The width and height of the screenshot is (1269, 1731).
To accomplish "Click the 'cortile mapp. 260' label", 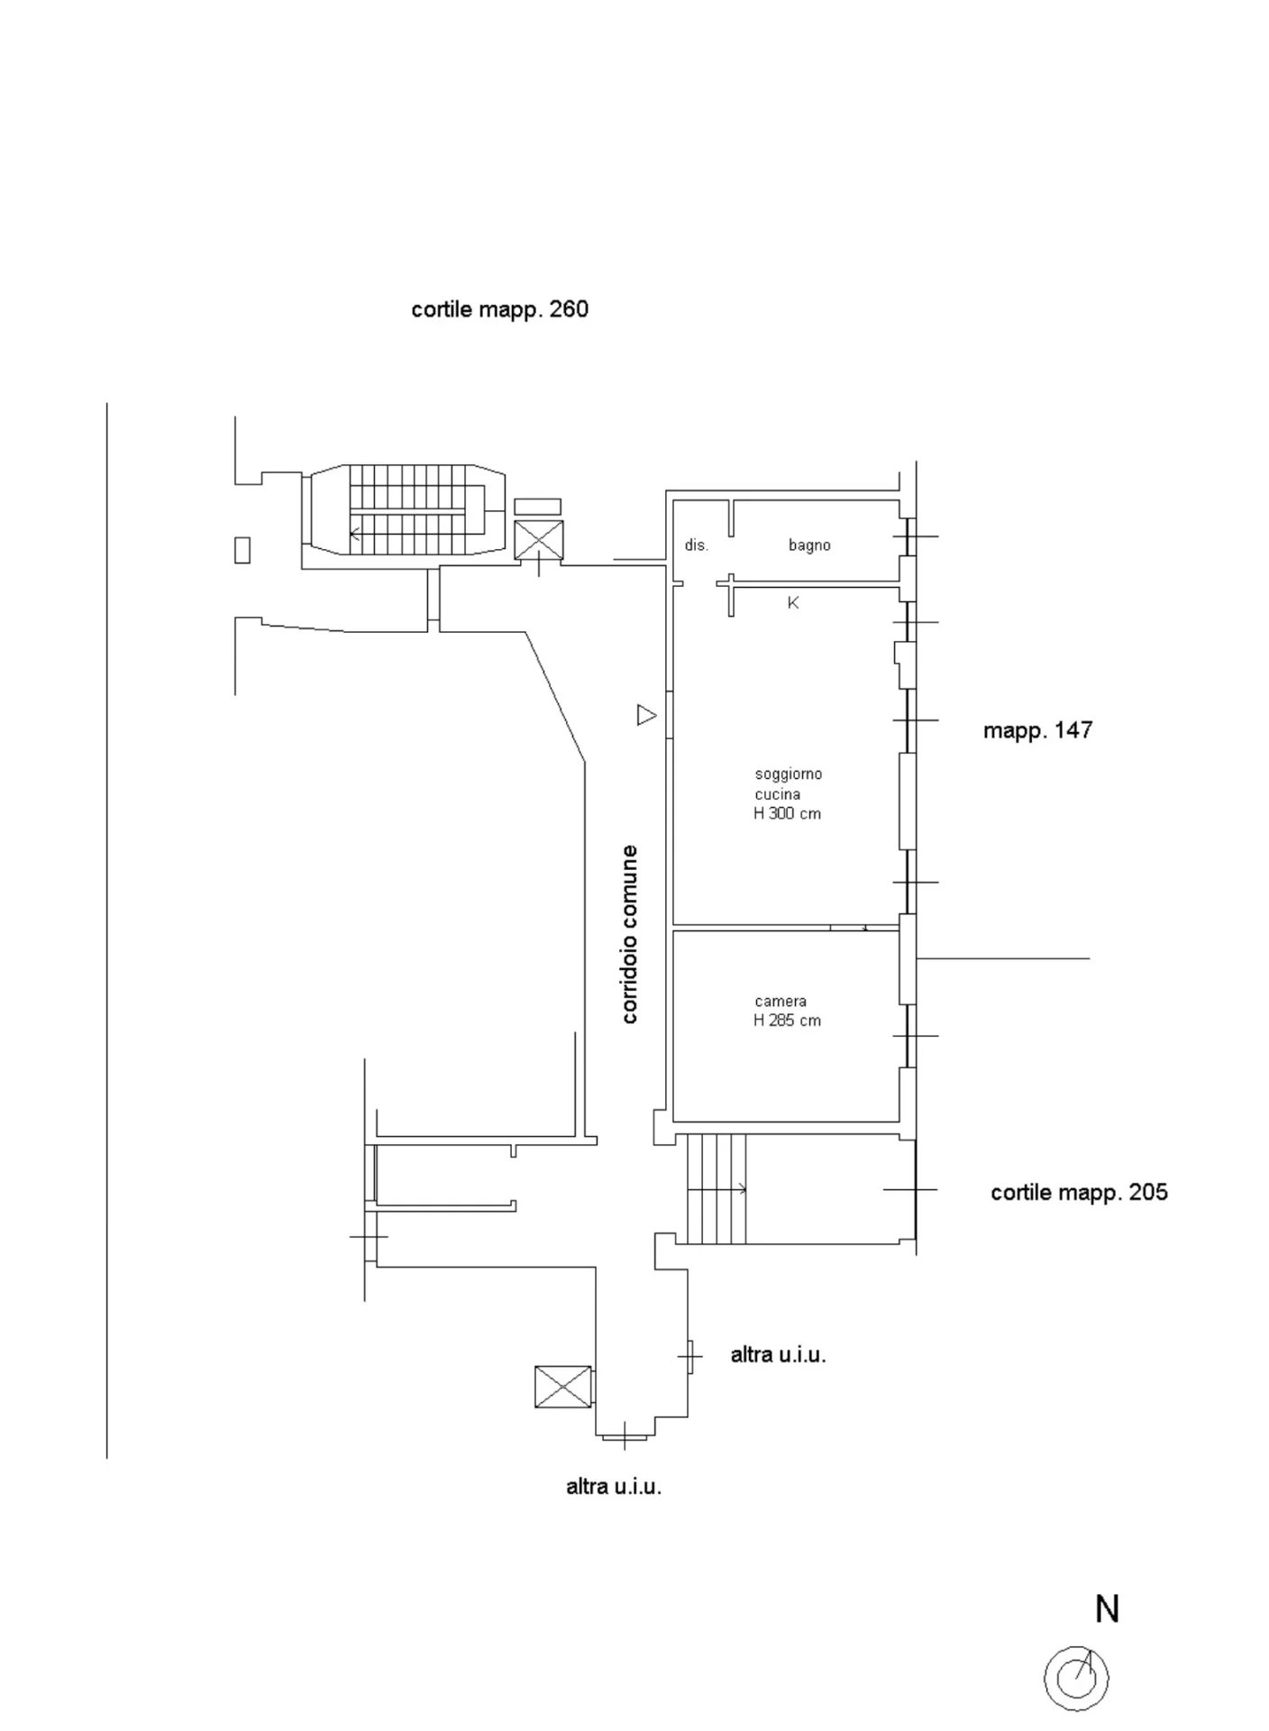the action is pyautogui.click(x=499, y=309).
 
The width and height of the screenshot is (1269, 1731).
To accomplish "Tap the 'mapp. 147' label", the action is pyautogui.click(x=1037, y=729).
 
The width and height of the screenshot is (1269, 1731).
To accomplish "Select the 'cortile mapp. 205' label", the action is pyautogui.click(x=1079, y=1192).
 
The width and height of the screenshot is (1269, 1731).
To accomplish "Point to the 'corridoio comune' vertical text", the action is pyautogui.click(x=630, y=933).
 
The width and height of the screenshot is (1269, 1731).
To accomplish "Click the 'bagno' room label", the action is pyautogui.click(x=809, y=545).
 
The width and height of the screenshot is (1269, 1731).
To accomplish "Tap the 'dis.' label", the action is pyautogui.click(x=697, y=545).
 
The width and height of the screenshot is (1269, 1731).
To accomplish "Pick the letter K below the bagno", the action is pyautogui.click(x=793, y=602).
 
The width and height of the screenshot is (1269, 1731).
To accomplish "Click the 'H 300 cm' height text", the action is pyautogui.click(x=788, y=813).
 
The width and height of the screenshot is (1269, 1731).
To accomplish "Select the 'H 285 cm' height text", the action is pyautogui.click(x=788, y=1021).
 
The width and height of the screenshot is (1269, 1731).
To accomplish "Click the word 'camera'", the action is pyautogui.click(x=781, y=1001).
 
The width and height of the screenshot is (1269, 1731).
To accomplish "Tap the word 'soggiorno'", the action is pyautogui.click(x=789, y=774).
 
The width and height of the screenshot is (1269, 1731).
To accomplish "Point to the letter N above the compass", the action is pyautogui.click(x=1107, y=1608).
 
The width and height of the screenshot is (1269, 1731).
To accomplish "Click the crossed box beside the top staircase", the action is pyautogui.click(x=538, y=540).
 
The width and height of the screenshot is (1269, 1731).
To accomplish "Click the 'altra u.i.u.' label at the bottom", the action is pyautogui.click(x=614, y=1487).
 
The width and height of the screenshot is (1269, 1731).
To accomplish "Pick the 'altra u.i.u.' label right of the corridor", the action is pyautogui.click(x=778, y=1354).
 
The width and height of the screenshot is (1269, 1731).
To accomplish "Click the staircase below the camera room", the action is pyautogui.click(x=717, y=1189).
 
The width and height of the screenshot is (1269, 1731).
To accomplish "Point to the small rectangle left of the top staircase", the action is pyautogui.click(x=242, y=549).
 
